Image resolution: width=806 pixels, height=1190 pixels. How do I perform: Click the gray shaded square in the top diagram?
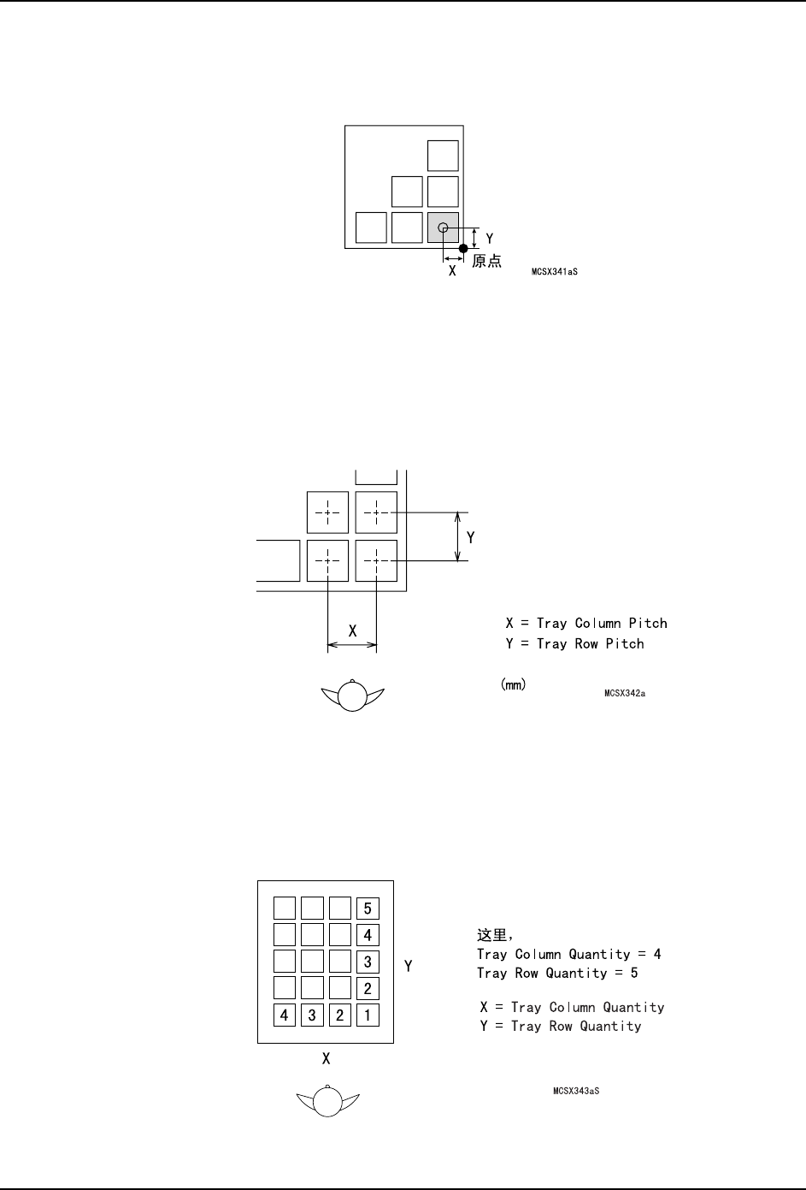[x=443, y=228]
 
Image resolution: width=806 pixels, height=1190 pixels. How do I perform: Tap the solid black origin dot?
[x=463, y=248]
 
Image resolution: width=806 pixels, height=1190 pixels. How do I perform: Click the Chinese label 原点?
[x=487, y=261]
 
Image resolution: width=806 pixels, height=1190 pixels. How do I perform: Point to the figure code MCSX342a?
[x=624, y=693]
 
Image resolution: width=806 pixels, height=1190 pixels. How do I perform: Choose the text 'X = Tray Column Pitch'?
[x=585, y=623]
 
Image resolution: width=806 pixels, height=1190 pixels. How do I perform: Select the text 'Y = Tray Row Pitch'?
[x=574, y=643]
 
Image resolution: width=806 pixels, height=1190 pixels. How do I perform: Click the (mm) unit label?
[x=512, y=684]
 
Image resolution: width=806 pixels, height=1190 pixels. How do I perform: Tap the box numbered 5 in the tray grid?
[x=368, y=909]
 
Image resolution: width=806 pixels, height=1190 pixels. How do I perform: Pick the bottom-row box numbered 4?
[x=285, y=1015]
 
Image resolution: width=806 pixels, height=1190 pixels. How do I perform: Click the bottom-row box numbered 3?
[x=312, y=1015]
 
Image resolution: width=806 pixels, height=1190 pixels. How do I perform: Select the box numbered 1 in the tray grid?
[x=368, y=1015]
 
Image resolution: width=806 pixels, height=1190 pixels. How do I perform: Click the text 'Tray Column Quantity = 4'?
[x=568, y=954]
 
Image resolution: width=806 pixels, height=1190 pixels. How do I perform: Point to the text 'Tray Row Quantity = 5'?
[x=557, y=973]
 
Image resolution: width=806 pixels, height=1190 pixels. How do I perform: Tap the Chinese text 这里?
[x=492, y=935]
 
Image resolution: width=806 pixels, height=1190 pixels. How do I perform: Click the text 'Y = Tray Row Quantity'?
[x=561, y=1026]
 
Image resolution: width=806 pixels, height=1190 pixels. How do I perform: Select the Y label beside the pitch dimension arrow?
[x=470, y=537]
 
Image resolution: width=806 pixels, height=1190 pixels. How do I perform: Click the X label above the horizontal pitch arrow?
[x=352, y=631]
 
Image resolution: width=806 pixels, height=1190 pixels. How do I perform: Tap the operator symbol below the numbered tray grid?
[x=327, y=1100]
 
